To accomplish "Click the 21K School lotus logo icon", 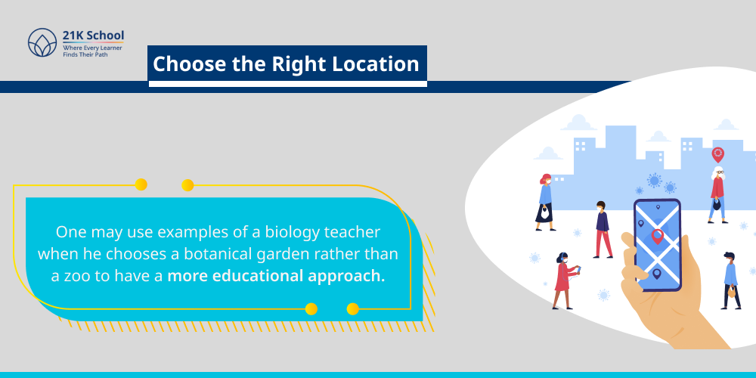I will pyautogui.click(x=42, y=44).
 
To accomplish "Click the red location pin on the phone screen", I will pyautogui.click(x=657, y=237).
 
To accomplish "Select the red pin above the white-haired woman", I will pyautogui.click(x=717, y=154).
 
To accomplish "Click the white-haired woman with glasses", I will pyautogui.click(x=717, y=193).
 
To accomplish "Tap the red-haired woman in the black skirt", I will pyautogui.click(x=545, y=202).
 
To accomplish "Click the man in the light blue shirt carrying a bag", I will pyautogui.click(x=730, y=280).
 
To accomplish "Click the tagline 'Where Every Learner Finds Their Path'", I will pyautogui.click(x=92, y=51).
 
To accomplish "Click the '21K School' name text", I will pyautogui.click(x=93, y=36).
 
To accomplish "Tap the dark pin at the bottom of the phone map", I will pyautogui.click(x=656, y=272).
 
